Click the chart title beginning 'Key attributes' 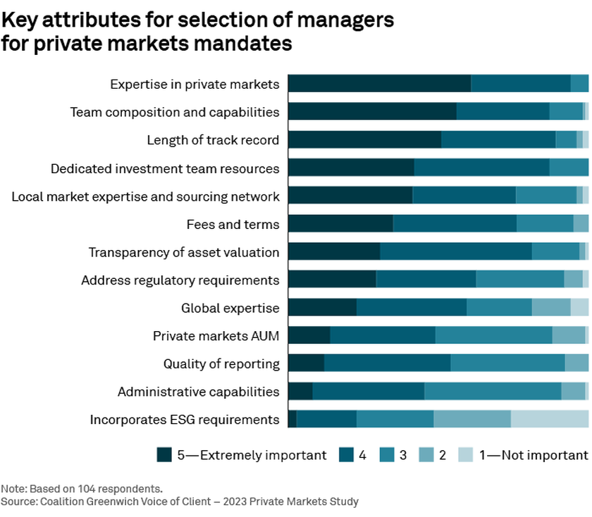click(x=197, y=32)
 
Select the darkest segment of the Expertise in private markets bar click(x=379, y=84)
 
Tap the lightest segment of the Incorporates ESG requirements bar click(x=550, y=420)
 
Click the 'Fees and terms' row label click(x=233, y=225)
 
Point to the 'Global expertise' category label click(x=230, y=308)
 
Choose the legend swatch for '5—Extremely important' click(x=164, y=455)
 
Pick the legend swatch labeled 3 click(x=386, y=455)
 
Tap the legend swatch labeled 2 click(x=426, y=455)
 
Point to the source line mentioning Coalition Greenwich click(x=180, y=502)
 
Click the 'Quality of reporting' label click(x=221, y=364)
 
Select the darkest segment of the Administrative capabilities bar click(x=300, y=392)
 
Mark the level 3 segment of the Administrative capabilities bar click(x=493, y=392)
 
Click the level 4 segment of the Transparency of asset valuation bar click(x=456, y=252)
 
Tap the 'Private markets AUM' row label click(x=216, y=336)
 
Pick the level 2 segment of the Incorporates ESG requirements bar click(x=472, y=420)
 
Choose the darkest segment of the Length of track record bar click(x=364, y=140)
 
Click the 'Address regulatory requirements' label click(x=180, y=280)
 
